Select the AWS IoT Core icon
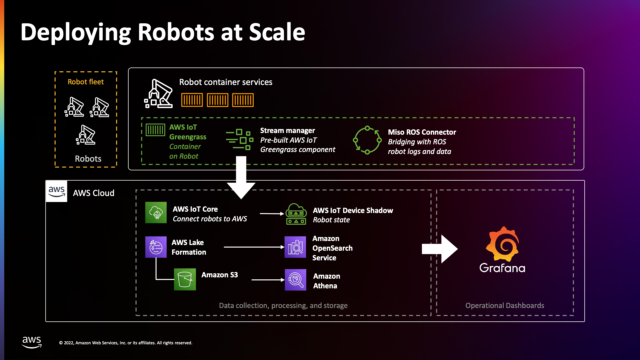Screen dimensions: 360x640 click(157, 213)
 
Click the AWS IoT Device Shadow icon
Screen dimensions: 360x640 click(296, 213)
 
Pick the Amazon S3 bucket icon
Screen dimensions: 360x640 click(185, 280)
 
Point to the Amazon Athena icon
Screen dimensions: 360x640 click(296, 280)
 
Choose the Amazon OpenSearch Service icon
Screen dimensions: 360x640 click(296, 247)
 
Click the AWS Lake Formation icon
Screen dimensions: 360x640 click(157, 246)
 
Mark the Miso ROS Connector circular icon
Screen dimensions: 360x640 click(368, 137)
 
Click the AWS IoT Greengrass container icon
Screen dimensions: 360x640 click(156, 129)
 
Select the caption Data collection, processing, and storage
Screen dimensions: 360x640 click(283, 304)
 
